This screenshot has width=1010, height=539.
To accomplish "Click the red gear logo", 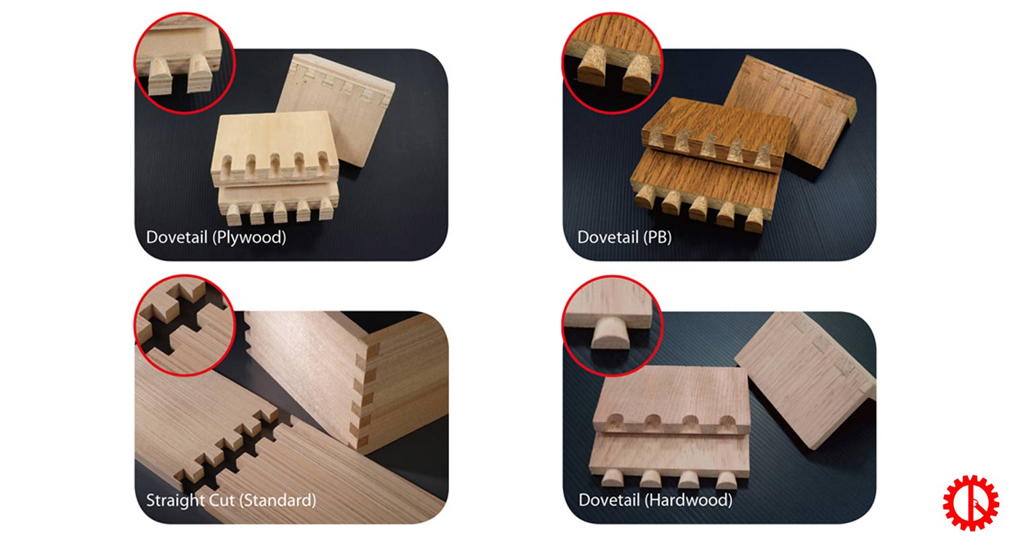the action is tap(970, 503).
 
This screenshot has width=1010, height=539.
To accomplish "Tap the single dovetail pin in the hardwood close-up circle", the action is tap(611, 333).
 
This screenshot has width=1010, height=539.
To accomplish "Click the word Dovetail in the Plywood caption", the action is tap(176, 236).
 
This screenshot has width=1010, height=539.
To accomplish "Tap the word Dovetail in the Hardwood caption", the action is tap(609, 500).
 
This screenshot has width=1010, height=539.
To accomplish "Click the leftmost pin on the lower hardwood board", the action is tap(612, 478).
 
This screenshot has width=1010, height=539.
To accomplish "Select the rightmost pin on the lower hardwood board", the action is tap(726, 480).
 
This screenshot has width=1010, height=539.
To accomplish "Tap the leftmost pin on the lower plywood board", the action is tap(233, 214).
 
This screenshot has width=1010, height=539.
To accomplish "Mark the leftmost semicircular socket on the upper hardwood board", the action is tap(614, 421).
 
